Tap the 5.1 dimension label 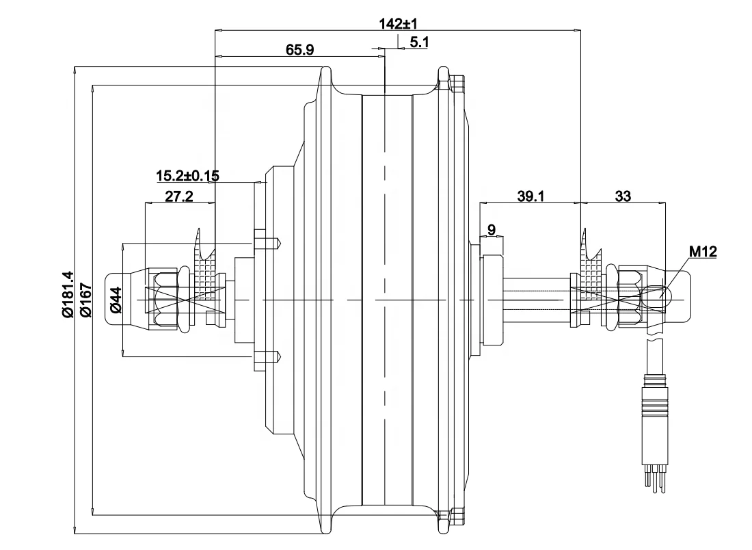pos(418,43)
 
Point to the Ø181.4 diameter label pos(67,295)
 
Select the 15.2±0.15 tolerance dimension pos(187,176)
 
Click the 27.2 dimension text pos(179,197)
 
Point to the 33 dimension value pos(623,197)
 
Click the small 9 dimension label pos(492,228)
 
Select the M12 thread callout pos(702,252)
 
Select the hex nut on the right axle pos(630,300)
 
